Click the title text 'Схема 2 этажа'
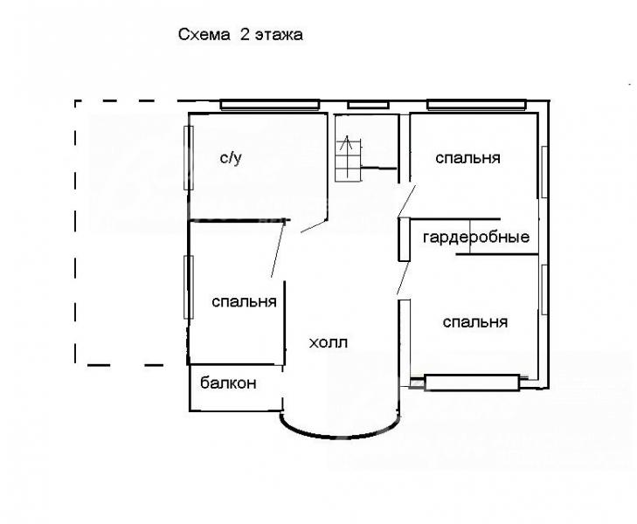[240, 35]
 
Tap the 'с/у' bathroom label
[231, 157]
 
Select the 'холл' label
[329, 343]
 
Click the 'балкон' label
[228, 383]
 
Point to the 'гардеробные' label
[476, 237]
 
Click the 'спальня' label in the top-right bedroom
[467, 158]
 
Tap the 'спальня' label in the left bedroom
[244, 302]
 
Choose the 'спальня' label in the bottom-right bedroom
[474, 322]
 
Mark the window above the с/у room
[270, 105]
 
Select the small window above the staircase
[368, 106]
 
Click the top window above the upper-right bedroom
[476, 105]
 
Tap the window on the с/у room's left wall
[189, 158]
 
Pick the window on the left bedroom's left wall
[189, 287]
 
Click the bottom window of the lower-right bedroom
[472, 383]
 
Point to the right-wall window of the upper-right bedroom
[544, 172]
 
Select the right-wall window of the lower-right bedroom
[544, 289]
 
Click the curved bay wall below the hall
[341, 437]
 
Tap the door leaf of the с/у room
[314, 226]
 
